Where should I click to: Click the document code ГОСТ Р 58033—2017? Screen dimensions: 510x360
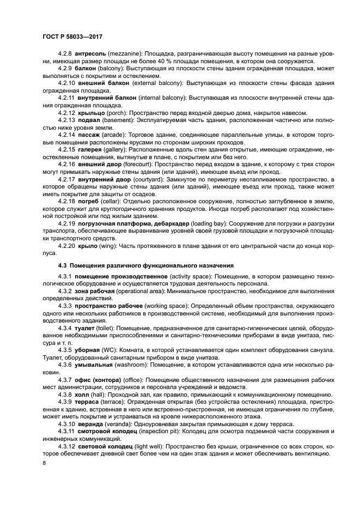(x=72, y=36)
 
